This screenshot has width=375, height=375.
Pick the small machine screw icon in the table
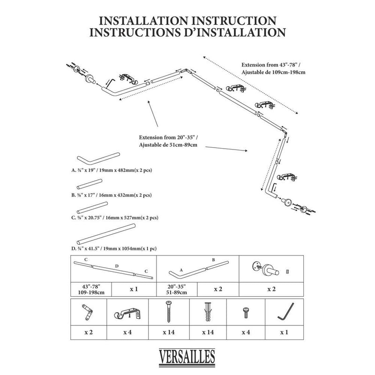[x=246, y=311]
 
